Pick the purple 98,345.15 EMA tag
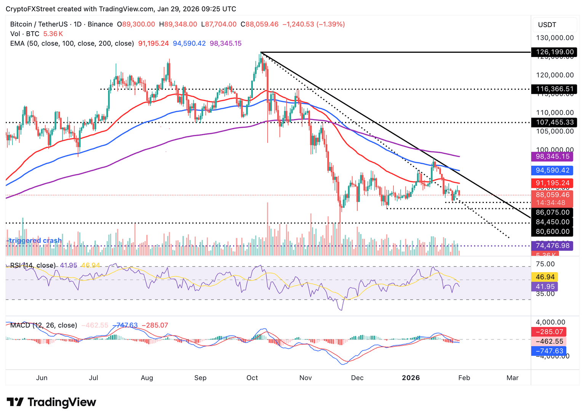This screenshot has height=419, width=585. point(552,156)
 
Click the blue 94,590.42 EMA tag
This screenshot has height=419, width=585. point(552,170)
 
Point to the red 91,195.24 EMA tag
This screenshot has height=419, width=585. point(552,183)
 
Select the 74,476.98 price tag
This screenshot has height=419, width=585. point(552,246)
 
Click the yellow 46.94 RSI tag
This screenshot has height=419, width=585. point(545,277)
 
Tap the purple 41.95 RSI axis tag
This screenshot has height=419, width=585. point(545,286)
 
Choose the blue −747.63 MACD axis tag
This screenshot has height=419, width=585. point(549,351)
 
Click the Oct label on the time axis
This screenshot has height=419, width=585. point(252,378)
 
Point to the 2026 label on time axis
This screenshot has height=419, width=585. point(411,378)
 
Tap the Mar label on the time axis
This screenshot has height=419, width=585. point(512,378)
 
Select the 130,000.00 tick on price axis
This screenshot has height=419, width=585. point(555,38)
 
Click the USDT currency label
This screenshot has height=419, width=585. point(547,25)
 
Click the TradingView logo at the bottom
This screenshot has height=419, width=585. point(51,402)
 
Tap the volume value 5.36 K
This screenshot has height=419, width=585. point(53,34)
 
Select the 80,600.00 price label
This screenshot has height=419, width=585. point(552,231)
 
